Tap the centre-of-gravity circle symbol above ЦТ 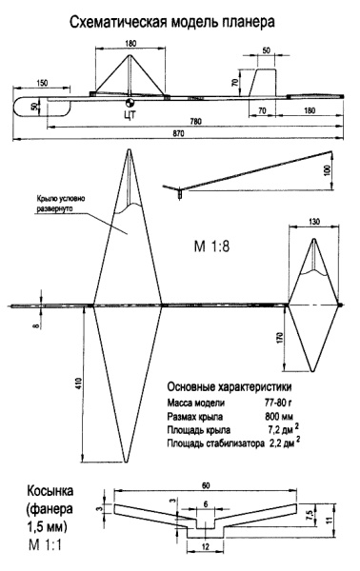[130, 103]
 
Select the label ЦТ [130, 115]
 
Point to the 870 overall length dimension [179, 133]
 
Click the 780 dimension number [195, 122]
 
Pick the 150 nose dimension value [42, 84]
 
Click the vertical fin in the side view [263, 83]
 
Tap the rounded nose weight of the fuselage [42, 107]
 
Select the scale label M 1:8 [211, 246]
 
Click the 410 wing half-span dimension [80, 383]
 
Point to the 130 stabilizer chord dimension [313, 222]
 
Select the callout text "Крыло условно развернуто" [61, 204]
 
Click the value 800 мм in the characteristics [279, 416]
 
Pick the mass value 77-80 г [278, 403]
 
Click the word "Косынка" [50, 490]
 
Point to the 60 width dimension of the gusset [206, 485]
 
